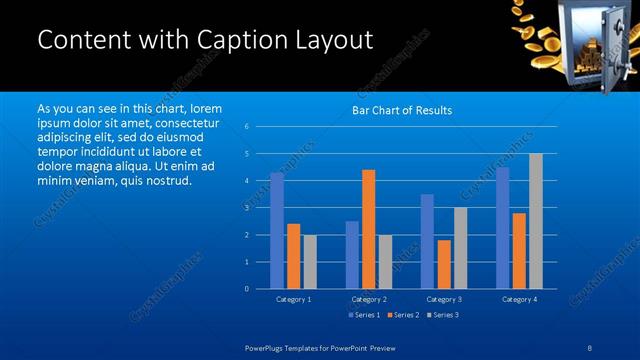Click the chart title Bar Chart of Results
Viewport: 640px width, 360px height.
tap(402, 110)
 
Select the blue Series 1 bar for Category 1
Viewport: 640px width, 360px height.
tap(277, 231)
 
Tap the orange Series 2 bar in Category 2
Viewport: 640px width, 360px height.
tap(368, 229)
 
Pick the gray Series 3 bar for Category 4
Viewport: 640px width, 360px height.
tap(535, 221)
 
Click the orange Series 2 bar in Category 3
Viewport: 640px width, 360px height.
tap(443, 264)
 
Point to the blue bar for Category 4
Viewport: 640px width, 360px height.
tap(503, 228)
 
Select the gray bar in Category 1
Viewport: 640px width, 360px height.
tap(309, 262)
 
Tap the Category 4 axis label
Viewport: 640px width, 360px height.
tap(519, 299)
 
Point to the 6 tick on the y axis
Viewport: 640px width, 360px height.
tap(247, 127)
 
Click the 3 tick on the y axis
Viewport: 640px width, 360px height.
tap(247, 208)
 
